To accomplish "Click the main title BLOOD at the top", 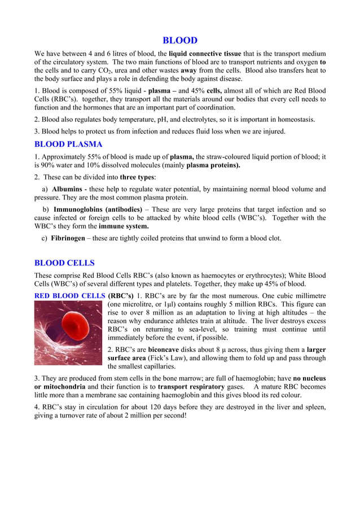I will pos(180,40).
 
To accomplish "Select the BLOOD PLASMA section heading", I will pos(68,144).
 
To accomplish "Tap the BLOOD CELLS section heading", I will pos(64,263).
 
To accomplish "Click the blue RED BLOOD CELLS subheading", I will pos(69,295).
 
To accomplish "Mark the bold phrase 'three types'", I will pos(139,177).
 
